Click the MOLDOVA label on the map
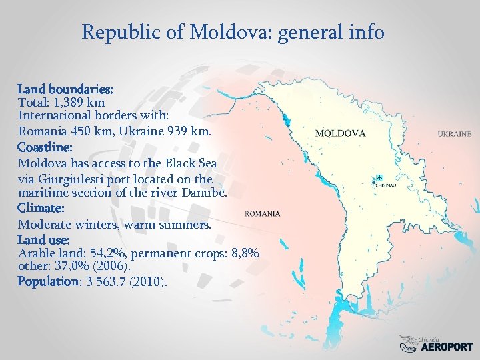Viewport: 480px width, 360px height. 340,133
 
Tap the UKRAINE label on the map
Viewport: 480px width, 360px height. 454,134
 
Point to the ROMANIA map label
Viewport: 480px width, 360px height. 263,214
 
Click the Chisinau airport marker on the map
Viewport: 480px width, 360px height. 379,177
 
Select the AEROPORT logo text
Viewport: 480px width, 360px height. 447,347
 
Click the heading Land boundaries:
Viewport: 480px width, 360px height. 65,89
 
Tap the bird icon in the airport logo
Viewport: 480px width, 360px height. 407,344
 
